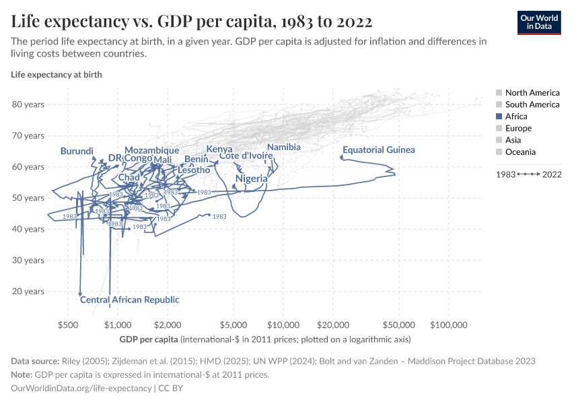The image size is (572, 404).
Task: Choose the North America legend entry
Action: pyautogui.click(x=532, y=92)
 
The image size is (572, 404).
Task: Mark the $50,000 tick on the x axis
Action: pyautogui.click(x=398, y=325)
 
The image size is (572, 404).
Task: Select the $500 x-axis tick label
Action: pyautogui.click(x=68, y=325)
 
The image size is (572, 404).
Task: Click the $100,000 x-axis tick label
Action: pyautogui.click(x=449, y=325)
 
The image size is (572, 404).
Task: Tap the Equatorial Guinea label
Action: pyautogui.click(x=379, y=150)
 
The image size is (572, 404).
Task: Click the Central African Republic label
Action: pyautogui.click(x=130, y=300)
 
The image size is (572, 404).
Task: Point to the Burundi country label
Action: pyautogui.click(x=77, y=151)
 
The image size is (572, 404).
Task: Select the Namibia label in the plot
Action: pyautogui.click(x=283, y=147)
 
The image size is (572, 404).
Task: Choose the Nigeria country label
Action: pyautogui.click(x=252, y=179)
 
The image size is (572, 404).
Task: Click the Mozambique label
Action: pyautogui.click(x=151, y=150)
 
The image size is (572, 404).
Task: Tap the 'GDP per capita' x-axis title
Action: pyautogui.click(x=149, y=339)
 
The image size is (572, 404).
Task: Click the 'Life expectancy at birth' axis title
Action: pyautogui.click(x=57, y=75)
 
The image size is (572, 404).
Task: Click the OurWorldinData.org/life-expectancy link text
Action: pyautogui.click(x=81, y=389)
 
